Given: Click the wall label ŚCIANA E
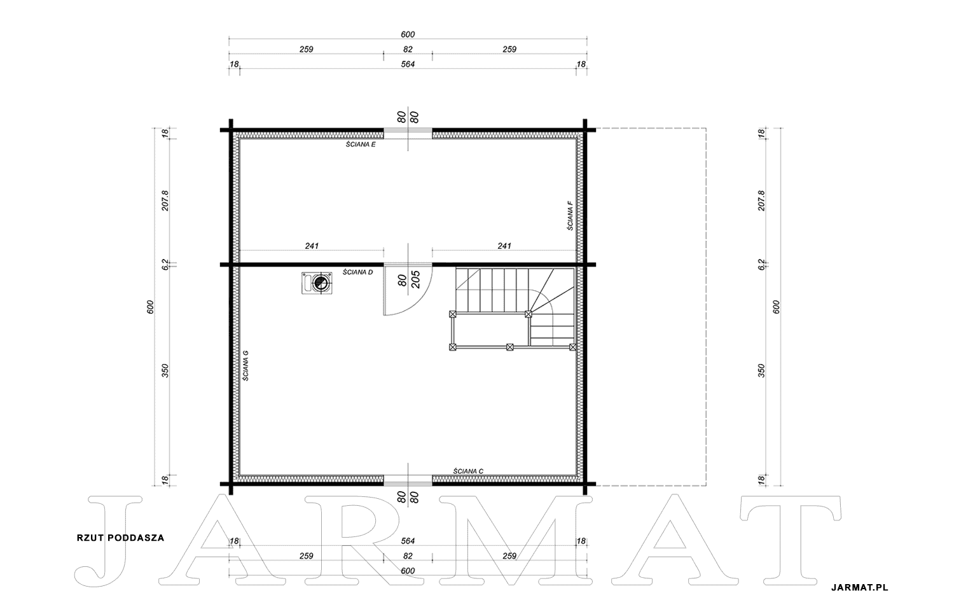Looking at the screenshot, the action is (x=361, y=144).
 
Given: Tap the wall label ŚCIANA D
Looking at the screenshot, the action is (x=357, y=272).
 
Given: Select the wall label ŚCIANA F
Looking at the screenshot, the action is (x=570, y=216).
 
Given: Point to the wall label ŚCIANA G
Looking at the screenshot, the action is (x=245, y=365).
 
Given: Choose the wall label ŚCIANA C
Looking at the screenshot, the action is (x=468, y=471).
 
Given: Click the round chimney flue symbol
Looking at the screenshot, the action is (x=321, y=282).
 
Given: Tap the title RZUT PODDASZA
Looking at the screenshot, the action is (x=121, y=538).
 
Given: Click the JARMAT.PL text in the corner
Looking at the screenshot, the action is (x=859, y=587).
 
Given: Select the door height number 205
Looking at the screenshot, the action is (x=416, y=279).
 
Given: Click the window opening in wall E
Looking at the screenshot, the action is (x=408, y=134).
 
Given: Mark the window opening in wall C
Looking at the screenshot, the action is (x=408, y=480).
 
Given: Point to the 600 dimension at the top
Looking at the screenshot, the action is (x=408, y=34).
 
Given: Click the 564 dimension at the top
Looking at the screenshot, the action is (x=408, y=64).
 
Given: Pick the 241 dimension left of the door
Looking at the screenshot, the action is (x=312, y=246).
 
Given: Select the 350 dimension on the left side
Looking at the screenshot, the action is (x=165, y=371).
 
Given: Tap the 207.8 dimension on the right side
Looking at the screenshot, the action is (x=761, y=200).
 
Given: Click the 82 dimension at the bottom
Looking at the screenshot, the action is (x=408, y=556).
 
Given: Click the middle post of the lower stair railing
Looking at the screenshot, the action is (x=510, y=347).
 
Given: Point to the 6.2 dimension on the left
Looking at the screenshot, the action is (x=165, y=264).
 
